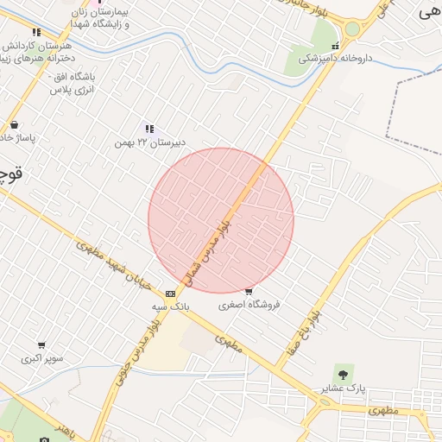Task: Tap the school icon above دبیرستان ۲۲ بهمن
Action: point(148,129)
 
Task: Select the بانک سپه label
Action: point(171,306)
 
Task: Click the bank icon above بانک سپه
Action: point(171,294)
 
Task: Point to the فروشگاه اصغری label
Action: point(249,305)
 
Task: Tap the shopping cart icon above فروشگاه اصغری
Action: point(249,292)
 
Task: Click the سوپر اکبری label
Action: point(41,357)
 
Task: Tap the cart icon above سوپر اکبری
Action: point(41,345)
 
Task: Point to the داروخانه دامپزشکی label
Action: point(335,60)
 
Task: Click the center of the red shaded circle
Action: point(221,220)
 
